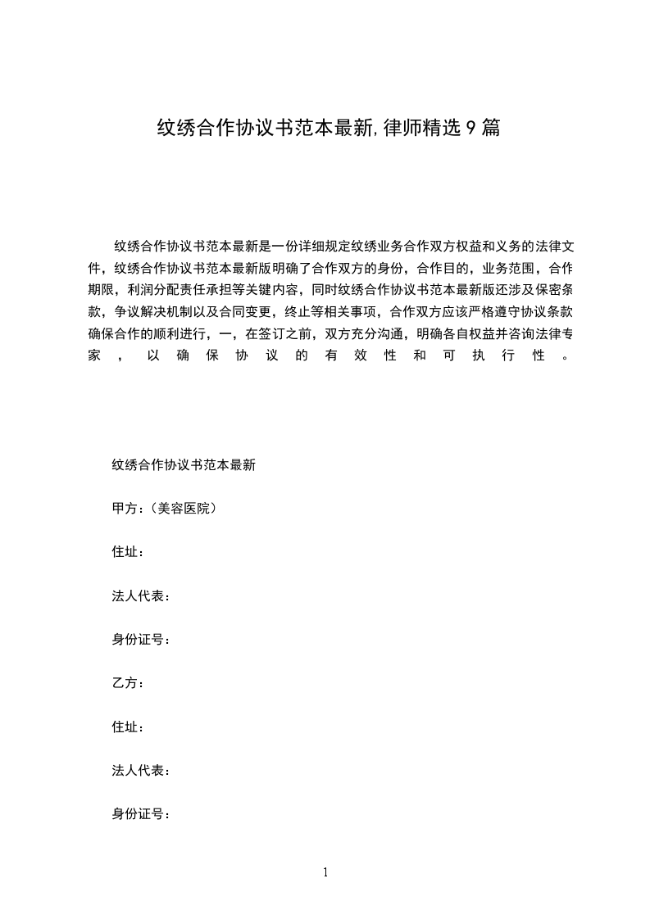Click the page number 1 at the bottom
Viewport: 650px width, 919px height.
[325, 872]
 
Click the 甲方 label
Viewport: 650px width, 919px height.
[125, 509]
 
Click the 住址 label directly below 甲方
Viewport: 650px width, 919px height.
[125, 552]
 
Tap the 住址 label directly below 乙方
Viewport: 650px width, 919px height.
[125, 727]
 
